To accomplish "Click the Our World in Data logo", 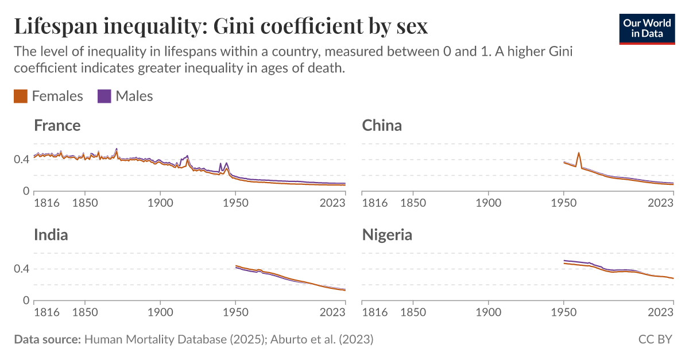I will click(647, 28).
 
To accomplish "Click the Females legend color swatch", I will click(21, 96).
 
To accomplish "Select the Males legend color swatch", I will click(104, 96).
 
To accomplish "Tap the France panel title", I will click(57, 125).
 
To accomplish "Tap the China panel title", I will click(381, 125).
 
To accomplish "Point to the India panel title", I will click(51, 235).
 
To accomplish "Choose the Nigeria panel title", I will click(386, 235).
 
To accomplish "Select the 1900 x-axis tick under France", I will click(160, 203).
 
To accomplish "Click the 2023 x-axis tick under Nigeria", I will click(661, 312).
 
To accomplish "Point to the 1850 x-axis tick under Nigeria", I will click(413, 312).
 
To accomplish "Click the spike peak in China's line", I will click(578, 153).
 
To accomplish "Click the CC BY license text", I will click(655, 339).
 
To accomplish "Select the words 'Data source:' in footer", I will click(47, 339).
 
